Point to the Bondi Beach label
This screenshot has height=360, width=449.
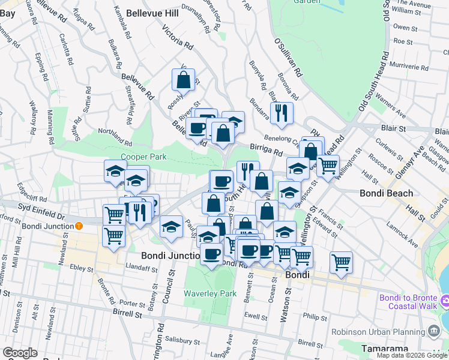click(x=387, y=193)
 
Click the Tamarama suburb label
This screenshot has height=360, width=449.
click(x=385, y=349)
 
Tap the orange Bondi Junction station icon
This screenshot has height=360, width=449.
click(x=79, y=226)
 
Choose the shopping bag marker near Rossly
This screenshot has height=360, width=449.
click(x=183, y=79)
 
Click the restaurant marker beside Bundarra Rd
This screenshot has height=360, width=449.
click(x=281, y=112)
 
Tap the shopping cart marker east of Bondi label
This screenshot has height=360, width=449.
click(x=340, y=262)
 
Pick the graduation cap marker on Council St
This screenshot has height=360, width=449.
click(x=171, y=227)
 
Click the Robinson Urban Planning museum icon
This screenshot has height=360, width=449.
click(x=433, y=331)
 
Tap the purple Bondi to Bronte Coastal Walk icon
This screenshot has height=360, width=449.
click(x=444, y=299)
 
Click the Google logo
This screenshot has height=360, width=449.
click(x=20, y=353)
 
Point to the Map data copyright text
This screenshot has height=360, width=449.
click(x=411, y=355)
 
